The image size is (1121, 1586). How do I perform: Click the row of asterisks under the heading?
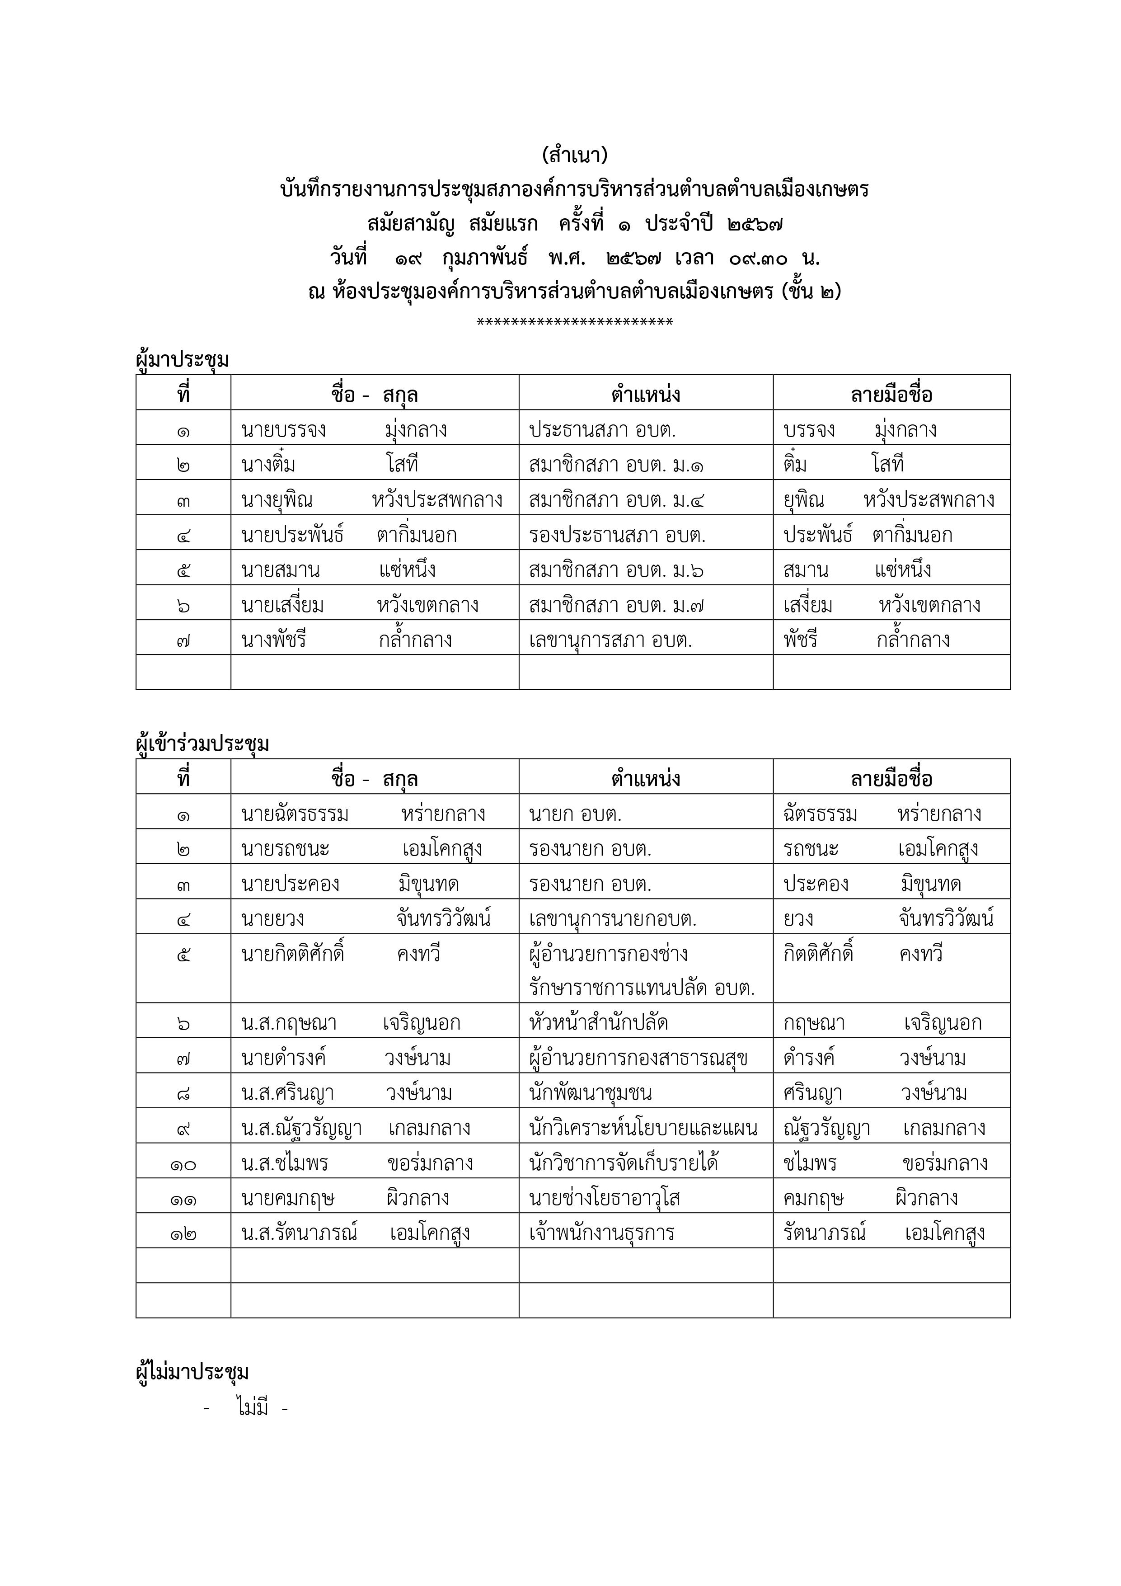pos(575,322)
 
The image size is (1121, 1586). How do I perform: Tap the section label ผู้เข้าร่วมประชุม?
pos(202,744)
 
